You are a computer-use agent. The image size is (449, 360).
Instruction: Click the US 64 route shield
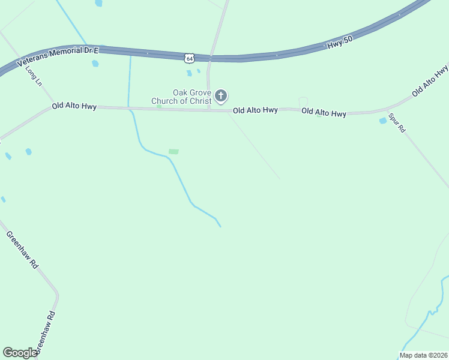coord(190,58)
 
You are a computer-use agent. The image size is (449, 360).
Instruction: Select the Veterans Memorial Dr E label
coord(58,58)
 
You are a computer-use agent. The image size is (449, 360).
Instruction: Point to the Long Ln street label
coord(34,76)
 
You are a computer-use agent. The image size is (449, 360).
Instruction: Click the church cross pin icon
coord(221,95)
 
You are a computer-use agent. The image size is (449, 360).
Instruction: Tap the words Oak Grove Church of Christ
coord(192,97)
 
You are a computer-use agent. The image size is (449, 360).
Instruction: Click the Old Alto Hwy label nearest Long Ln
coord(74,106)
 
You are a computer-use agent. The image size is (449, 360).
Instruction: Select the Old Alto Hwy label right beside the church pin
coord(255,110)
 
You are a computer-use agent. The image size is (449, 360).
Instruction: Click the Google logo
coord(20,353)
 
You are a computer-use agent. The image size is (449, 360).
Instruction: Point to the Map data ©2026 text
coord(423,355)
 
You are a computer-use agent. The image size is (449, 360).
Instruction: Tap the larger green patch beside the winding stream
coord(173,151)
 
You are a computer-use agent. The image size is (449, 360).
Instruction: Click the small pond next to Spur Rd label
coord(383,121)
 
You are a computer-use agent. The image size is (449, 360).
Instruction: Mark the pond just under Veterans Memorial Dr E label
coord(95,63)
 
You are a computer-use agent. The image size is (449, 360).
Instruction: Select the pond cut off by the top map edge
coord(98,3)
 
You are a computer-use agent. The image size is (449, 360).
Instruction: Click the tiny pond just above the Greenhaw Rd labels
coord(3,199)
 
